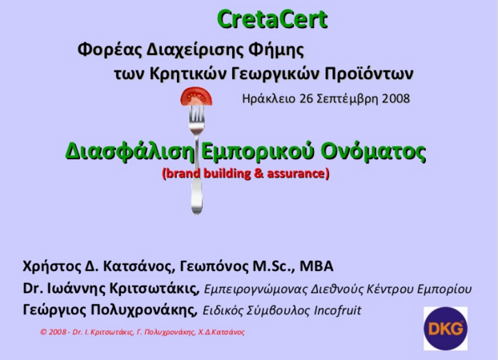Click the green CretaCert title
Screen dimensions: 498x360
[272, 19]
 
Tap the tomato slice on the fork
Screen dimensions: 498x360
[196, 97]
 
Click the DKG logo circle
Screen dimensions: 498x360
[445, 328]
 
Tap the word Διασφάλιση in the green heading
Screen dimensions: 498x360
[130, 151]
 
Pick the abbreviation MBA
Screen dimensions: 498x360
[316, 266]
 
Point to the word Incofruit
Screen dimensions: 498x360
[337, 310]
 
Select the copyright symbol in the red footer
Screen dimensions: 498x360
[43, 332]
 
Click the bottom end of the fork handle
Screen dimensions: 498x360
[197, 214]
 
